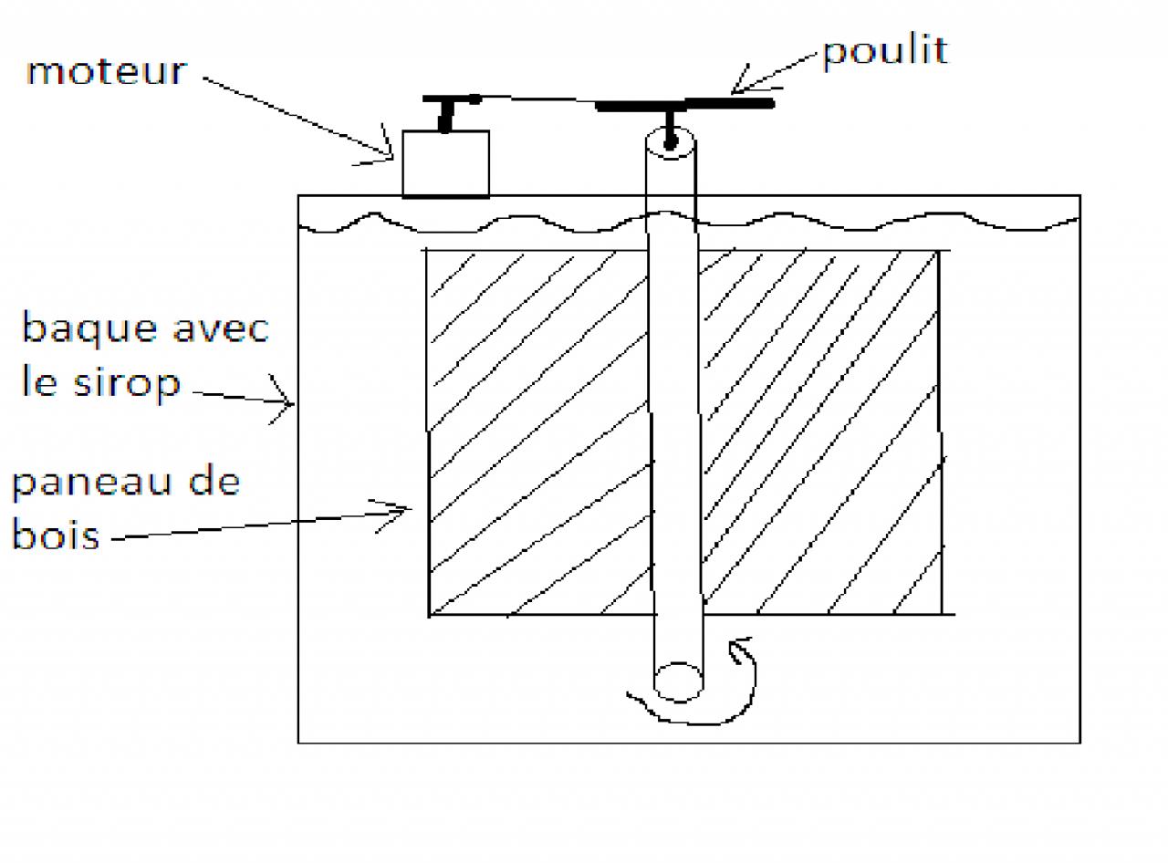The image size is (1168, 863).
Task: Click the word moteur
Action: [x=106, y=71]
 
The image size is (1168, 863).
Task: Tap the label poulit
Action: [x=884, y=51]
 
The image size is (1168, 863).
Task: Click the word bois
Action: [x=55, y=535]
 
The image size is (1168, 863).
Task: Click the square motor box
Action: [x=445, y=164]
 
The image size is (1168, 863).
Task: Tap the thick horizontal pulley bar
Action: [x=684, y=105]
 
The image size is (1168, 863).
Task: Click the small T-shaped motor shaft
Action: [x=445, y=110]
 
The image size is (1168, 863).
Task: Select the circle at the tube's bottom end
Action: [x=678, y=681]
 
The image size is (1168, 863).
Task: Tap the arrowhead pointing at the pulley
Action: [x=744, y=82]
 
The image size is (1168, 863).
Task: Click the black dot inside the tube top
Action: [x=672, y=141]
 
